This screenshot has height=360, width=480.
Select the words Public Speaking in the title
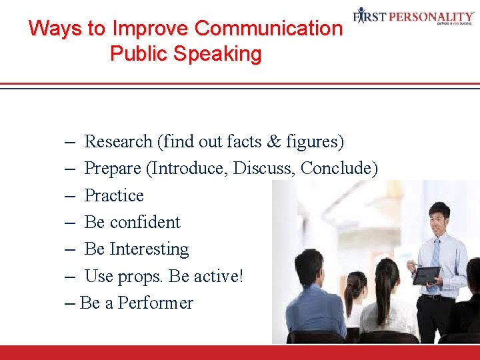tap(185, 53)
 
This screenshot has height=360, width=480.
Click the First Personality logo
tap(413, 17)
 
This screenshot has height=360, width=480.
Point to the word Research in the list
tap(119, 141)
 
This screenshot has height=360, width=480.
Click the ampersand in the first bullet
tap(273, 141)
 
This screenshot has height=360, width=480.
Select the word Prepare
tap(112, 169)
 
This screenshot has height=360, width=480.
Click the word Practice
tap(114, 195)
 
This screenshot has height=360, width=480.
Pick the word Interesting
tap(149, 249)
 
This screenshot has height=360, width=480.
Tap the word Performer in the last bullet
tap(155, 303)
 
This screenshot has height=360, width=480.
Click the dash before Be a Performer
tap(71, 303)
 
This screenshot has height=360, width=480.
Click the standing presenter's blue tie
tap(435, 257)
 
